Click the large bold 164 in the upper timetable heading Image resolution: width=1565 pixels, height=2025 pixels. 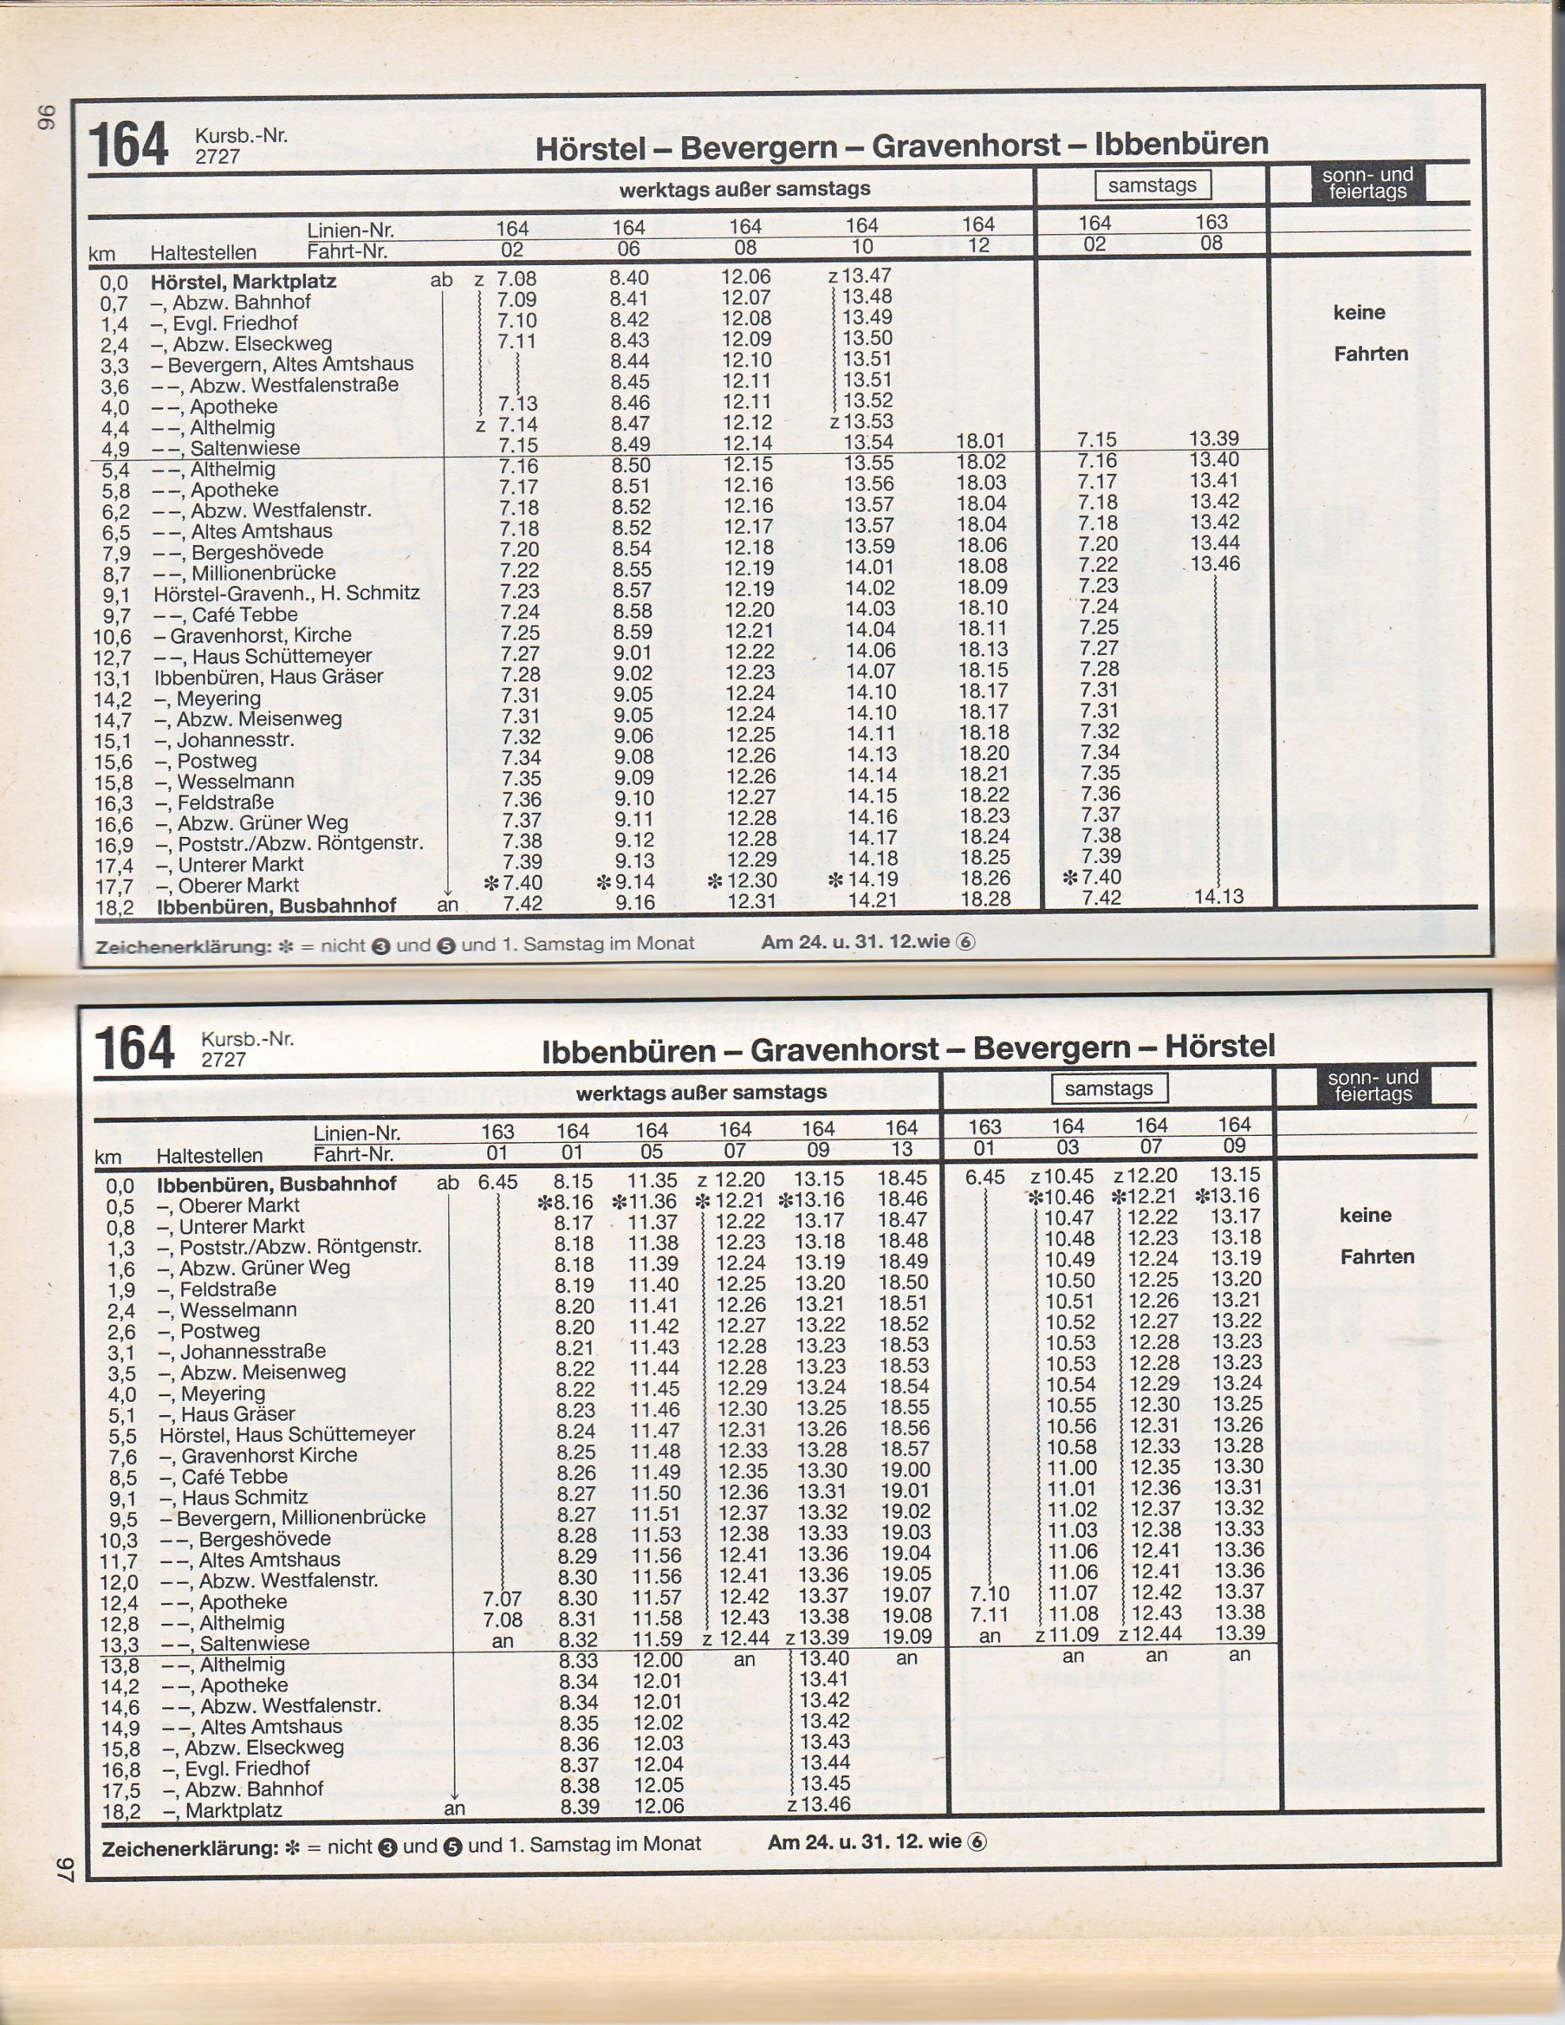128,146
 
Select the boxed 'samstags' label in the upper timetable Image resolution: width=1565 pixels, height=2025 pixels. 1152,185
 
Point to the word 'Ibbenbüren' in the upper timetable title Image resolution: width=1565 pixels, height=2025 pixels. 1181,145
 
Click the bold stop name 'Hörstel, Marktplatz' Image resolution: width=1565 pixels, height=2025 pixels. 243,281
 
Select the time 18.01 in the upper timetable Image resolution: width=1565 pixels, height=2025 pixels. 981,441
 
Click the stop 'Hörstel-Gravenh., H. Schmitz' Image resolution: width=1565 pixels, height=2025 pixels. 286,592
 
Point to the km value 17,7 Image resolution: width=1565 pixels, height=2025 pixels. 114,887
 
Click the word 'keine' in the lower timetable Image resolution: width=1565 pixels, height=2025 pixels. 1365,1215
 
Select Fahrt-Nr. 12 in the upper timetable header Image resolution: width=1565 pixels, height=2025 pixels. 978,246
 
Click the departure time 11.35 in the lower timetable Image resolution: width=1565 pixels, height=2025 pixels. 652,1181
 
